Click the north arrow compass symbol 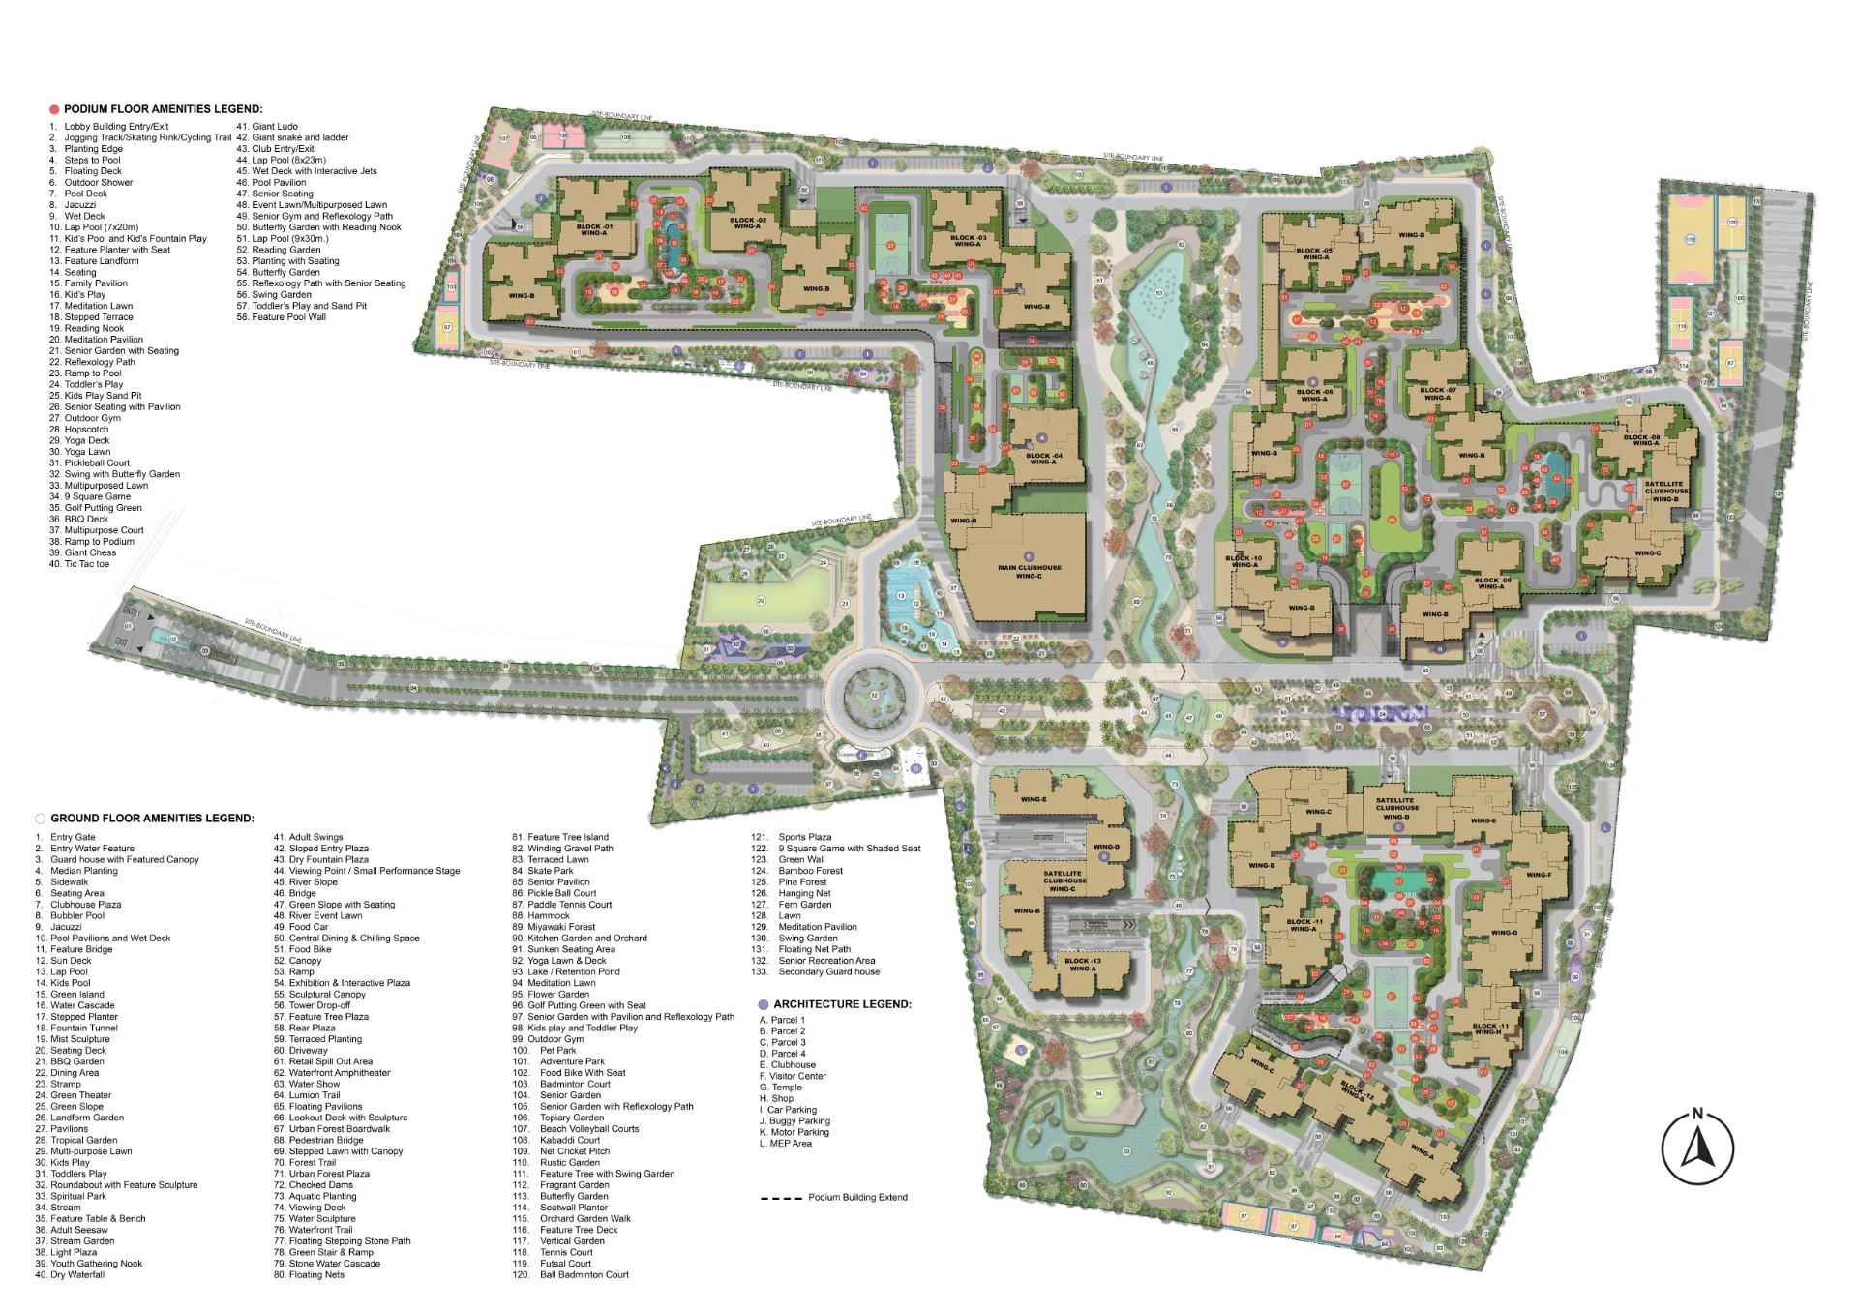tap(1697, 1148)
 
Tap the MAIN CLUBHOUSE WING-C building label tap(1029, 572)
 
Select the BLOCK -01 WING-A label tap(593, 230)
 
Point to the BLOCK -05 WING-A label tap(1314, 253)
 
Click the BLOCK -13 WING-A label tap(1083, 965)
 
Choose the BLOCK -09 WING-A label tap(1490, 583)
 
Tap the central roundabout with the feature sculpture tap(872, 695)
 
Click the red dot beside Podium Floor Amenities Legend tap(54, 110)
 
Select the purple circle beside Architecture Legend tap(764, 1005)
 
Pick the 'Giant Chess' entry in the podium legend tap(90, 552)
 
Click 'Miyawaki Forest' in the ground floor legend tap(561, 927)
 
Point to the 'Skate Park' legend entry tap(550, 871)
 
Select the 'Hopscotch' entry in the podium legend tap(86, 430)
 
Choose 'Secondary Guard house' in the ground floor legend tap(828, 971)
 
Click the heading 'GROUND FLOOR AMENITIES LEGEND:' tap(152, 819)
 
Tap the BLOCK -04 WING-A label tap(1043, 459)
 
